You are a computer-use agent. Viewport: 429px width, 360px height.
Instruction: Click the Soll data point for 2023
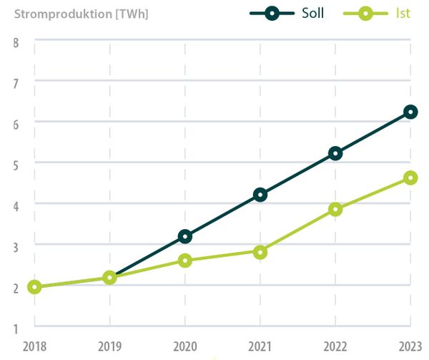pos(410,112)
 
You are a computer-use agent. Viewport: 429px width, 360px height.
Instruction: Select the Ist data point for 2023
pos(410,177)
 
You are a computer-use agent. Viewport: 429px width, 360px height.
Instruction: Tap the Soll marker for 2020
pos(185,236)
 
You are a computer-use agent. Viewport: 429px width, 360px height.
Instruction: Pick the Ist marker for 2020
pos(185,261)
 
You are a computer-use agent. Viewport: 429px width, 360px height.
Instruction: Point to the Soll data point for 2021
pos(260,195)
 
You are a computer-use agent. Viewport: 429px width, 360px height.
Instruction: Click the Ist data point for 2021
pos(260,252)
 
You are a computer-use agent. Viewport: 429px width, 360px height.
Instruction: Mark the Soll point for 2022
pos(335,153)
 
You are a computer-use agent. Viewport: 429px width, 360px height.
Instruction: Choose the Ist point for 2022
pos(335,209)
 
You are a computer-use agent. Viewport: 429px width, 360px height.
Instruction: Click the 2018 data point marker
pos(34,287)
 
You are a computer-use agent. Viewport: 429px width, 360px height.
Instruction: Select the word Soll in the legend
pos(312,14)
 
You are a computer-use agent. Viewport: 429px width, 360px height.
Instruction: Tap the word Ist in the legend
pos(403,14)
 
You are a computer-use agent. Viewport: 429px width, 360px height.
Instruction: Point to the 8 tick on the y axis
pos(15,42)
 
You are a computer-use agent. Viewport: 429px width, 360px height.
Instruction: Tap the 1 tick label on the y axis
pos(15,329)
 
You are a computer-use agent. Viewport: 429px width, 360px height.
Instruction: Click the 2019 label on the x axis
pos(109,346)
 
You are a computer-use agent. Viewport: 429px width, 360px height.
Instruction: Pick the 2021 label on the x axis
pos(260,346)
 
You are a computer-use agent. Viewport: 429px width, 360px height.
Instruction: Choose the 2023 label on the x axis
pos(410,346)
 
